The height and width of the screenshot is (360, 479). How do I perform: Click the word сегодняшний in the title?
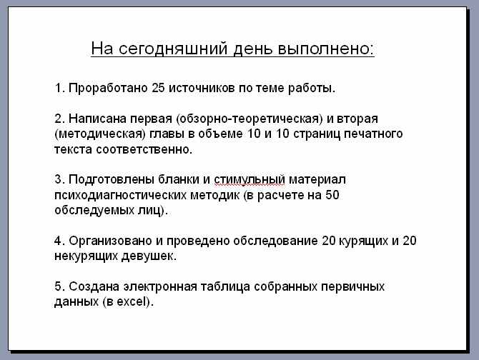(x=173, y=49)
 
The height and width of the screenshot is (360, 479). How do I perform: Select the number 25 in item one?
(x=158, y=88)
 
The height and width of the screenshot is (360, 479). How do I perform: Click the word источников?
(x=202, y=88)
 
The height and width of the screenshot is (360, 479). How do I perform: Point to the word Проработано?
(x=108, y=88)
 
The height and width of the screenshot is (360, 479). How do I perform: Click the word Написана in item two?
(x=97, y=119)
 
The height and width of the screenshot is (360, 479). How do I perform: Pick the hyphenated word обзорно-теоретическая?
(x=250, y=119)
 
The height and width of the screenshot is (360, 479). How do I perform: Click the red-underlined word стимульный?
(x=250, y=180)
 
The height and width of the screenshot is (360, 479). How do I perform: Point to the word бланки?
(x=179, y=179)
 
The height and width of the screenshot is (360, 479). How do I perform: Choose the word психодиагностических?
(x=120, y=195)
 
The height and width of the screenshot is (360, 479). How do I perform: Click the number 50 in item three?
(x=332, y=195)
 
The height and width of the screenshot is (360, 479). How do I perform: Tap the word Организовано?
(x=110, y=241)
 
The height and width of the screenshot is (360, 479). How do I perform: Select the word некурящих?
(x=86, y=256)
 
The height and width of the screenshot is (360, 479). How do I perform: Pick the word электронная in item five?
(x=160, y=286)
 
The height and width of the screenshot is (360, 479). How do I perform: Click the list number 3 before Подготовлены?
(x=58, y=179)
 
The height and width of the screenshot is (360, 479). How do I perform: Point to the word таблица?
(x=225, y=286)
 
